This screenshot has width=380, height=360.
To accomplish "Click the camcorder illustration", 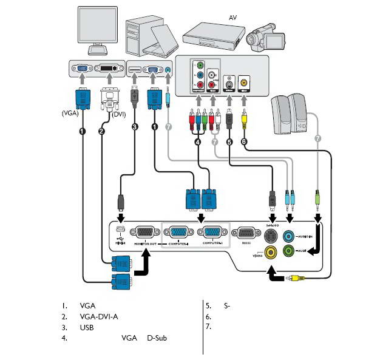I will coord(267,36).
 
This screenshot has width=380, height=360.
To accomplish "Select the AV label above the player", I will coord(232,18).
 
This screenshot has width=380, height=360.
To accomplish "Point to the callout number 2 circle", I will coord(101,131).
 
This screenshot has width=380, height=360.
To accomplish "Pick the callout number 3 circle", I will coord(135,126).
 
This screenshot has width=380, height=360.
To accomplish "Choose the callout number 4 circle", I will coord(197,141).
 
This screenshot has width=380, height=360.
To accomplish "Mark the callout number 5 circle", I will coord(229,141).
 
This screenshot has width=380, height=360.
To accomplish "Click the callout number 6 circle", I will coord(243,141).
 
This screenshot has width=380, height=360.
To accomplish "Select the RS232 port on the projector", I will coord(245,234).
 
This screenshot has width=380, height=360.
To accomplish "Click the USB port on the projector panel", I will coord(120,229).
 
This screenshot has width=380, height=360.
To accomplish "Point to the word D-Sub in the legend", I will coord(157,338).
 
